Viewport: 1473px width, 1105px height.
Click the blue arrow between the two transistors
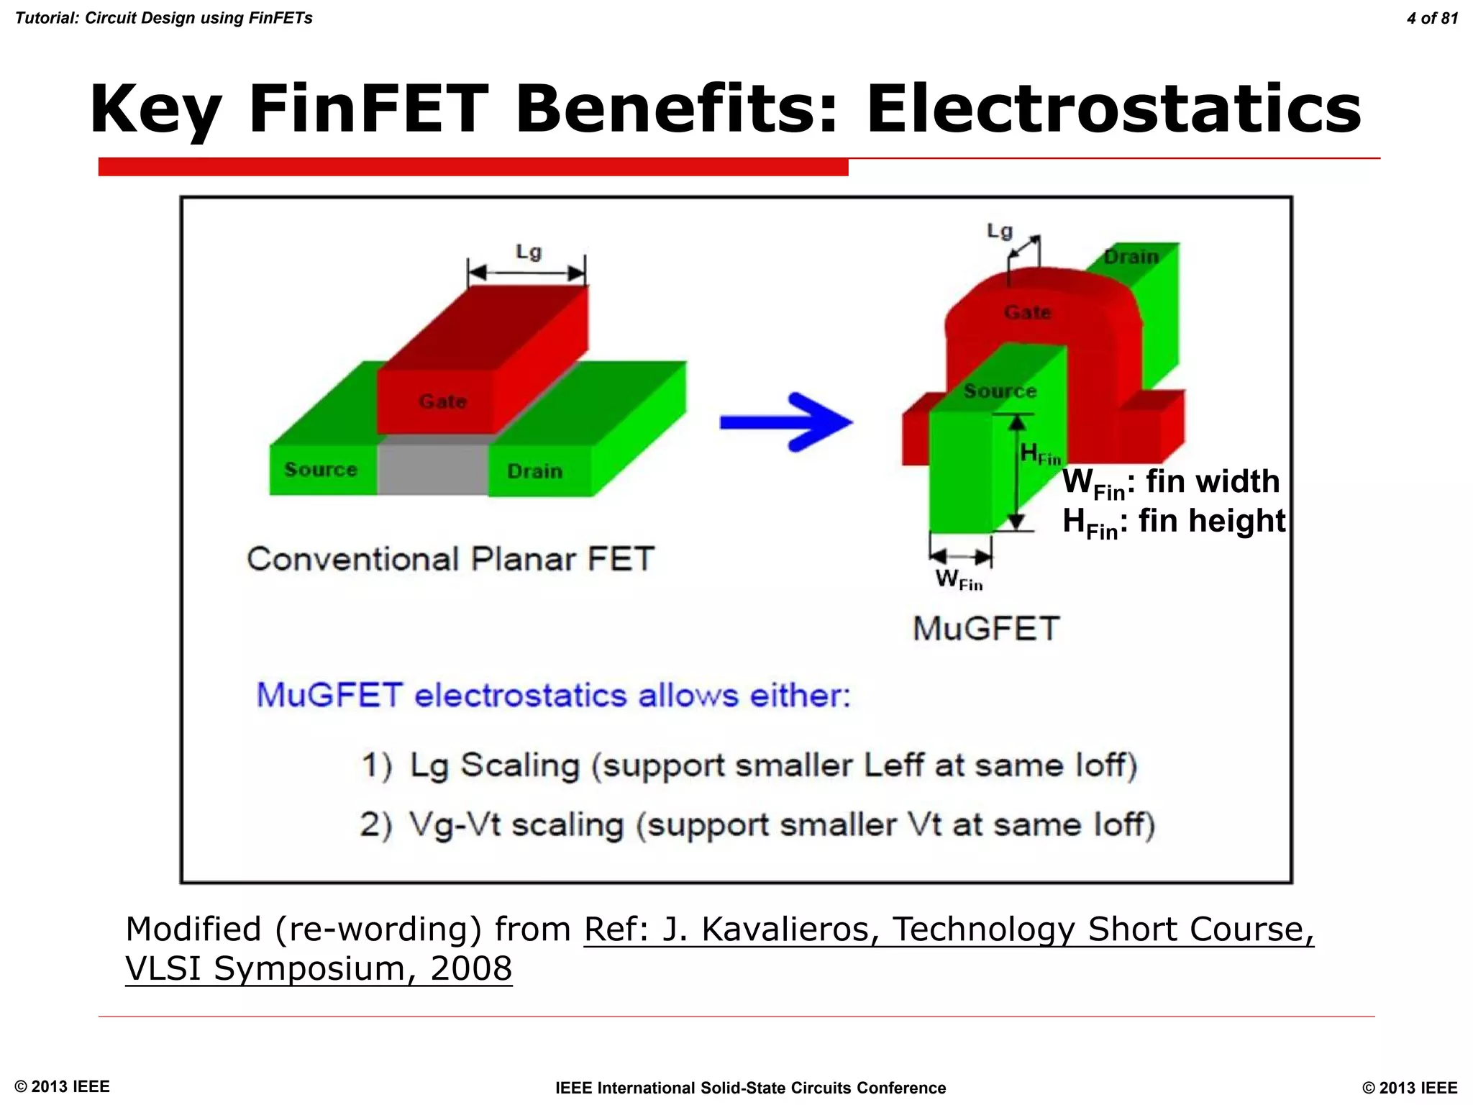785,422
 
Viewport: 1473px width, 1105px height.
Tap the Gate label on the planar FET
442,401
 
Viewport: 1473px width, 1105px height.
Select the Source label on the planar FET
321,469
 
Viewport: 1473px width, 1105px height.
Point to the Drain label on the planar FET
534,471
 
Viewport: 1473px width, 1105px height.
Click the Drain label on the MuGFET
1131,257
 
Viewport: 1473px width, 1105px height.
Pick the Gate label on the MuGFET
1027,312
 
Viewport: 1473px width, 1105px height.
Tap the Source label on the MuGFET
1000,391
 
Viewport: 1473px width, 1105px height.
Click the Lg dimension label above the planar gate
529,252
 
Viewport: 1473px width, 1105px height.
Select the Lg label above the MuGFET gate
999,231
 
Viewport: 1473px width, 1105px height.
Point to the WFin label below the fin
959,578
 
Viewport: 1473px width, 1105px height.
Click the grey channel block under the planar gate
433,468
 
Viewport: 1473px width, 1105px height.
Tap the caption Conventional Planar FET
451,559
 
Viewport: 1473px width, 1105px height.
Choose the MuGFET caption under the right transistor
986,628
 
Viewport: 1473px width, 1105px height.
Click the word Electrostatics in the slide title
1113,109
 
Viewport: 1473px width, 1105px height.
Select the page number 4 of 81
1432,18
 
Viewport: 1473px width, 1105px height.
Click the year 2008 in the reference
471,968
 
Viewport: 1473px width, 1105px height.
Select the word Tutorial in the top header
45,18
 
